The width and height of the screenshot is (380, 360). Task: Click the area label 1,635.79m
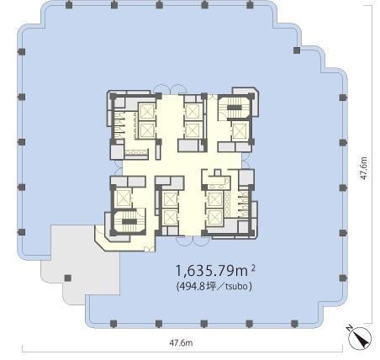212,271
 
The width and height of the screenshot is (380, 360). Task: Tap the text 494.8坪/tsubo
214,286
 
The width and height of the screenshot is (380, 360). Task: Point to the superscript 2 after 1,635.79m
253,268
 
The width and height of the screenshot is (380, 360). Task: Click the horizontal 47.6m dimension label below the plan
181,342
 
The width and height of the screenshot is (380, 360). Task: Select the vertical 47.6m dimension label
363,168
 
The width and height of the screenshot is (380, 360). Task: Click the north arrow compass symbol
360,338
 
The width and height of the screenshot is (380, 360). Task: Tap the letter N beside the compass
349,328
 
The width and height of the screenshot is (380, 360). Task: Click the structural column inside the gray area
67,278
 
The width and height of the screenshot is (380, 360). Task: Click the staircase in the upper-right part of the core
235,107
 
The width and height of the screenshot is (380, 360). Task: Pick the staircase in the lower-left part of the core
129,221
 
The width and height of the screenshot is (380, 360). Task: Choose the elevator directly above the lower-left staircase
124,198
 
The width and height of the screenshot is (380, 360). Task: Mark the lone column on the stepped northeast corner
297,50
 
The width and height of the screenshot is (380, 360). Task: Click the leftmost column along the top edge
68,5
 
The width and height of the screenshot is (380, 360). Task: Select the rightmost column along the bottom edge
294,324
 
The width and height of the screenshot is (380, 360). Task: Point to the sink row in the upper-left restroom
136,152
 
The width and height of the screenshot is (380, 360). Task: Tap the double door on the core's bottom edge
193,241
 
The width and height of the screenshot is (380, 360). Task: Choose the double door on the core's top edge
167,89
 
